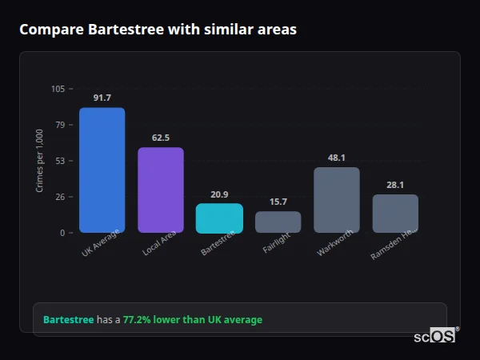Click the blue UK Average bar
[x=102, y=170]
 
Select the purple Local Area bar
[x=161, y=190]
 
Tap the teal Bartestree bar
[x=219, y=218]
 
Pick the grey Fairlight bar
[x=278, y=222]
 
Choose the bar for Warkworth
[x=337, y=199]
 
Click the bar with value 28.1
[x=395, y=214]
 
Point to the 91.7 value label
[x=102, y=98]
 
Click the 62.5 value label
[x=161, y=138]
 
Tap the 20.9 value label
[x=219, y=194]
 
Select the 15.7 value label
[x=278, y=202]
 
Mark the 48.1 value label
[x=337, y=158]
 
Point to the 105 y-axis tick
[x=58, y=89]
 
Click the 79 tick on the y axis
[x=60, y=125]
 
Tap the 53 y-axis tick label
[x=60, y=161]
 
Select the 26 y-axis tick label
[x=60, y=197]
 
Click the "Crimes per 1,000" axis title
[x=39, y=161]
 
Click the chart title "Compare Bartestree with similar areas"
[x=158, y=30]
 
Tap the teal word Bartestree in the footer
[x=68, y=320]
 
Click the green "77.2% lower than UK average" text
[x=192, y=320]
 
